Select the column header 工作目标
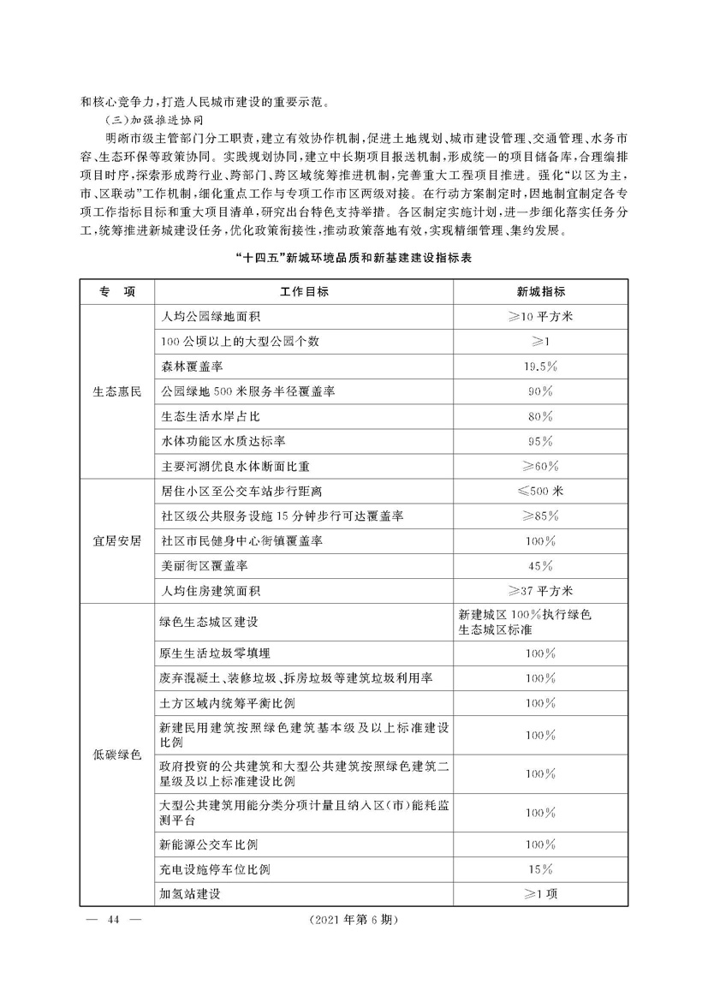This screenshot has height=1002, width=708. point(304,292)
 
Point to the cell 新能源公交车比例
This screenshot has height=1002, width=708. point(210,844)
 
